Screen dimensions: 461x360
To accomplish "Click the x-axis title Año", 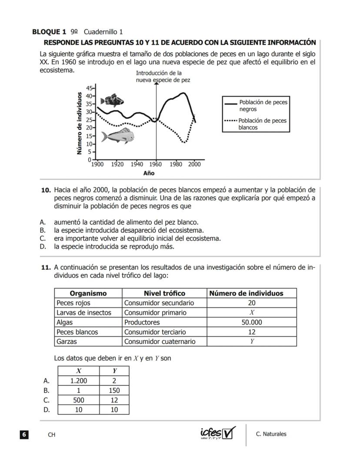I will (x=149, y=173).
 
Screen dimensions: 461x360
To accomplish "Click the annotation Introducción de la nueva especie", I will (x=162, y=77).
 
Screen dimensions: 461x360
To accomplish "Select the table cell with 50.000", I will (x=252, y=322).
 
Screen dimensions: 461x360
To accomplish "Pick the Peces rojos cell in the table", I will (x=73, y=303).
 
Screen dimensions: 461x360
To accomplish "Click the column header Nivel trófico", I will (x=164, y=293).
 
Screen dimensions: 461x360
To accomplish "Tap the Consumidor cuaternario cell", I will (x=160, y=341).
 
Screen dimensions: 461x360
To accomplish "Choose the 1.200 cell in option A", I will (x=79, y=381).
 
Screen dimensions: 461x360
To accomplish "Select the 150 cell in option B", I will (x=114, y=390).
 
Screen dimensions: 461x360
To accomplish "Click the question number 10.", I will (x=46, y=190).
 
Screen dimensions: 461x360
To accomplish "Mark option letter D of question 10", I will (x=43, y=247).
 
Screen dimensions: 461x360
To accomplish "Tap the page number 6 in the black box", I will (x=24, y=434).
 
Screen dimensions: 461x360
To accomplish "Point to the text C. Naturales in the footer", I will (x=271, y=434).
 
